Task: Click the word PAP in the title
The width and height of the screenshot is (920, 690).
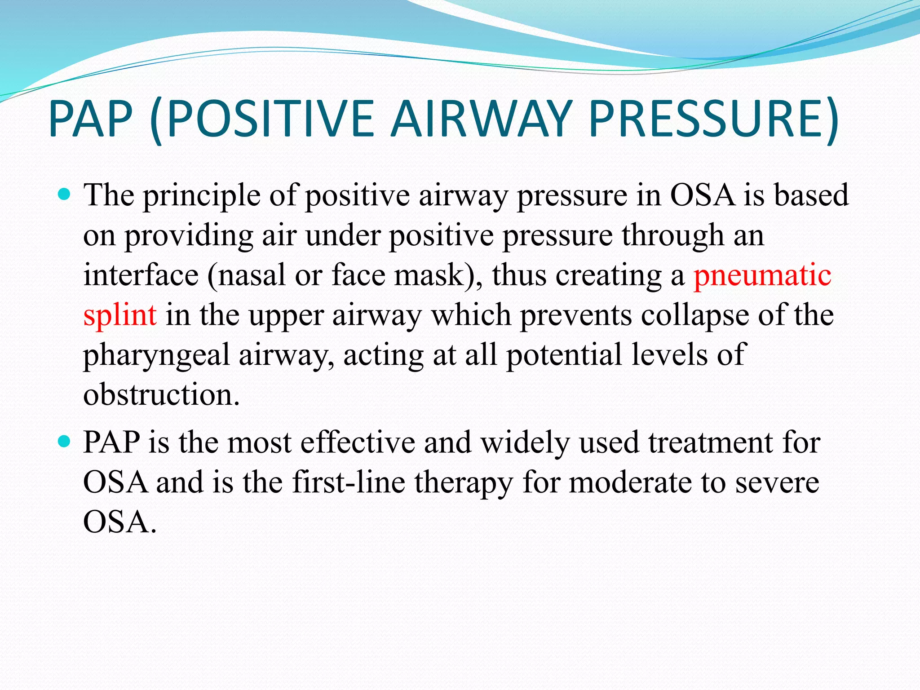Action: tap(90, 119)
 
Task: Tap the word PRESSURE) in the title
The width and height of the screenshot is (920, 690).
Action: tap(713, 119)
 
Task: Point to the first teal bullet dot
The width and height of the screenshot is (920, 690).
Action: tap(65, 195)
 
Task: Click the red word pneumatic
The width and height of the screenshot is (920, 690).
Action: tap(762, 275)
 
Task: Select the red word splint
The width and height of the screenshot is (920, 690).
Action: tap(120, 315)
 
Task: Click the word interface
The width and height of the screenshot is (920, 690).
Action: tap(141, 275)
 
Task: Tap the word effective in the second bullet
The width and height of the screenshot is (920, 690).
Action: tap(358, 443)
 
